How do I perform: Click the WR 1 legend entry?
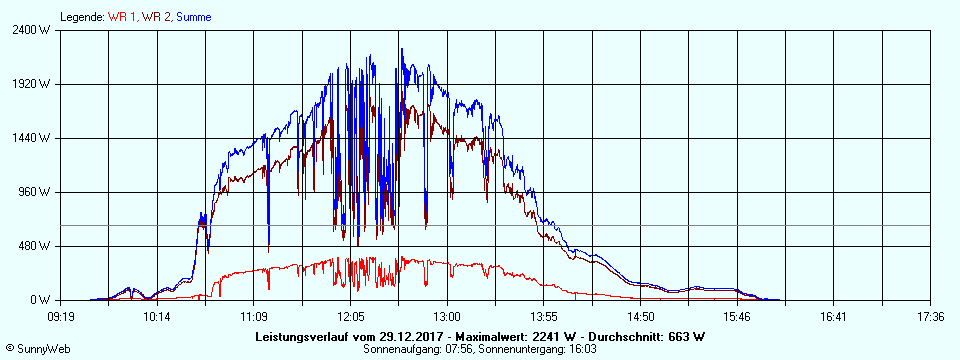[123, 17]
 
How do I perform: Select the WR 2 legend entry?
[159, 17]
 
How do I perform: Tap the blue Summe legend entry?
[194, 17]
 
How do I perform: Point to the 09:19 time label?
[61, 316]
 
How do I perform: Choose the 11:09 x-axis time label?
[254, 316]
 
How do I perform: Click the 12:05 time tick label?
[351, 316]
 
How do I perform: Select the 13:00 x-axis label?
[447, 316]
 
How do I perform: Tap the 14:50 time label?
[641, 316]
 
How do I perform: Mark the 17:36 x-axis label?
[930, 316]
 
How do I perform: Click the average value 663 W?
[685, 336]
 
